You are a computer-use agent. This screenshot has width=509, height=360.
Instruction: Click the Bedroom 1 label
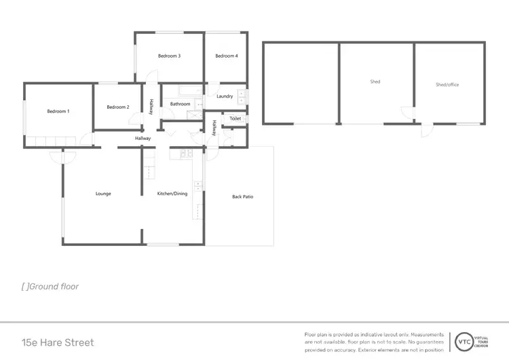pyautogui.click(x=58, y=111)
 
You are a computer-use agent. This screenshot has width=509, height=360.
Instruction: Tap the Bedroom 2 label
pyautogui.click(x=118, y=107)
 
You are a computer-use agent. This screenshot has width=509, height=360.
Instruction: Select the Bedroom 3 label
pyautogui.click(x=169, y=56)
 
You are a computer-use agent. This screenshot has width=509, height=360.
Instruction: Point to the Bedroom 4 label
pyautogui.click(x=226, y=56)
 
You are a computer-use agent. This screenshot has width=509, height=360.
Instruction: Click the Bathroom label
pyautogui.click(x=180, y=104)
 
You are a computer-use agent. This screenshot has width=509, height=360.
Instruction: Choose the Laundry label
pyautogui.click(x=225, y=96)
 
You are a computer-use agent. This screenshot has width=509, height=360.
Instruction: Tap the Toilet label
pyautogui.click(x=235, y=119)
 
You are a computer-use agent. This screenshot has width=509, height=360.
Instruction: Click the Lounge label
pyautogui.click(x=103, y=194)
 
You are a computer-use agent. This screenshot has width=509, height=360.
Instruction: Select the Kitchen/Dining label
pyautogui.click(x=172, y=194)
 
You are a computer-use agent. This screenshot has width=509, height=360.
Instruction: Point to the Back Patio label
pyautogui.click(x=242, y=197)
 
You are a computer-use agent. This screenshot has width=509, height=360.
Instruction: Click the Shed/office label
pyautogui.click(x=447, y=84)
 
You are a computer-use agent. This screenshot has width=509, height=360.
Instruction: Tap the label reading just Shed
pyautogui.click(x=375, y=82)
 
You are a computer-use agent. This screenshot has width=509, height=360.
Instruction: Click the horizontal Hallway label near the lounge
pyautogui.click(x=143, y=139)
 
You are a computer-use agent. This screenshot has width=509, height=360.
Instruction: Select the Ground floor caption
pyautogui.click(x=50, y=287)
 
